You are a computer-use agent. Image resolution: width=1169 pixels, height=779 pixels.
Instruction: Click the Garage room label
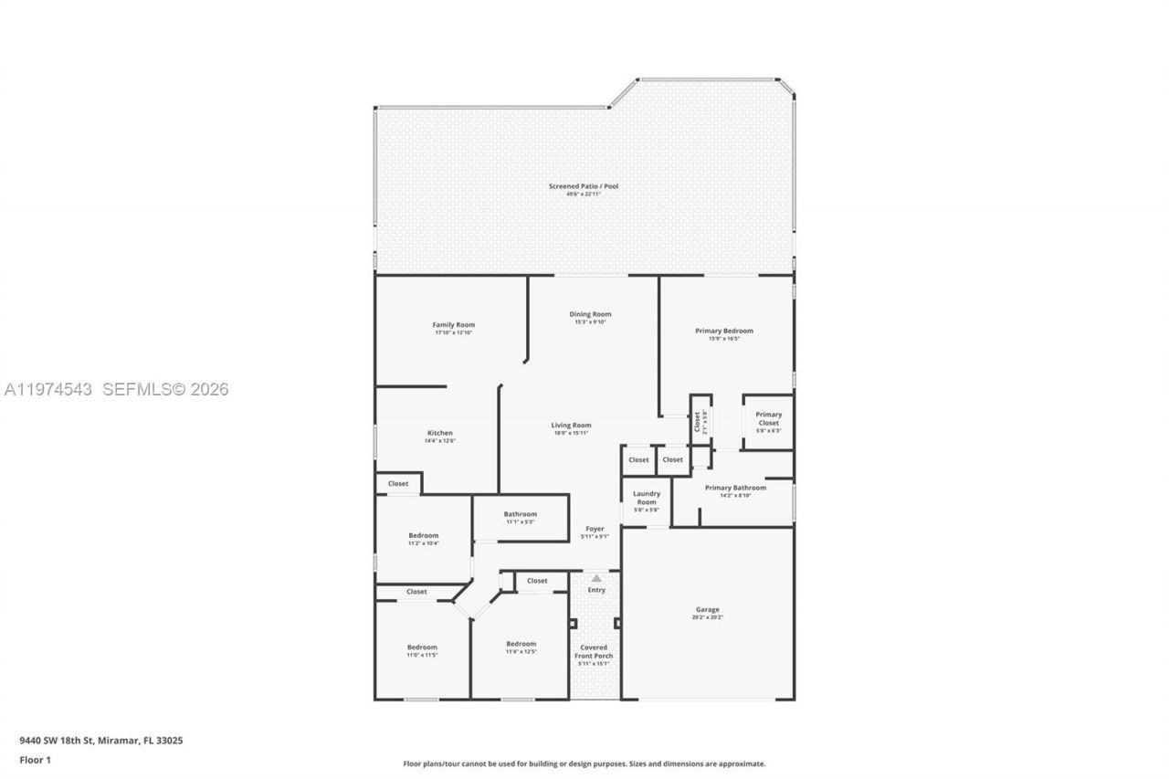(x=707, y=610)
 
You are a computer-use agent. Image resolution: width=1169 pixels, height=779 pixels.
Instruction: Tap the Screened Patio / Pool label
(x=584, y=186)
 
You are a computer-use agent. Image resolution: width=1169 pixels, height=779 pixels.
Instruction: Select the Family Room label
(x=453, y=325)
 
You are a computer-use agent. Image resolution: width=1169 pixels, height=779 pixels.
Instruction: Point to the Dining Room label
(x=590, y=314)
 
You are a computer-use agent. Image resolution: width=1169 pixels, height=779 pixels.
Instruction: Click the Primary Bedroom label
(x=724, y=331)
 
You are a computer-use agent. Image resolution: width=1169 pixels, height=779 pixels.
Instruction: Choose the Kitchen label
(x=439, y=433)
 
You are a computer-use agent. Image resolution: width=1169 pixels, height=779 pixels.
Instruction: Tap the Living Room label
(x=571, y=426)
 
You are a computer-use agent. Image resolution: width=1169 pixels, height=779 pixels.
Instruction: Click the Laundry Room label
(x=647, y=498)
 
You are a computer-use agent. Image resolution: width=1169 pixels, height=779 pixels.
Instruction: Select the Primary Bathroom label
(x=735, y=488)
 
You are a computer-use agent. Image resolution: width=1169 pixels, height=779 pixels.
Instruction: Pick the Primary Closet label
(x=768, y=419)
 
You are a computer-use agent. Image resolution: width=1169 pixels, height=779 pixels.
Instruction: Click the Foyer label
(x=595, y=529)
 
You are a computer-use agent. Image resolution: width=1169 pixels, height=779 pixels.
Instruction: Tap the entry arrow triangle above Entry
(x=596, y=577)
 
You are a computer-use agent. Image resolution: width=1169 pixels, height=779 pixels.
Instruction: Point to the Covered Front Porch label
(x=595, y=652)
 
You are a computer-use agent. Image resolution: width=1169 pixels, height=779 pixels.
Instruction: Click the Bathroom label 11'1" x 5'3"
(x=521, y=514)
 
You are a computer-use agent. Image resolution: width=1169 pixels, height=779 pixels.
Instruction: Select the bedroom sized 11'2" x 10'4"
(x=423, y=536)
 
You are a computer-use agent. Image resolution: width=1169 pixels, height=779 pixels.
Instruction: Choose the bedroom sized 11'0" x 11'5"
(x=422, y=647)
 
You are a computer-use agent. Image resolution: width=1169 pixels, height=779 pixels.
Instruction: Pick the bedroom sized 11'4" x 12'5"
(x=521, y=644)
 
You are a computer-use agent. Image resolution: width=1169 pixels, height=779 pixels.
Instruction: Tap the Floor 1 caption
(x=35, y=760)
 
